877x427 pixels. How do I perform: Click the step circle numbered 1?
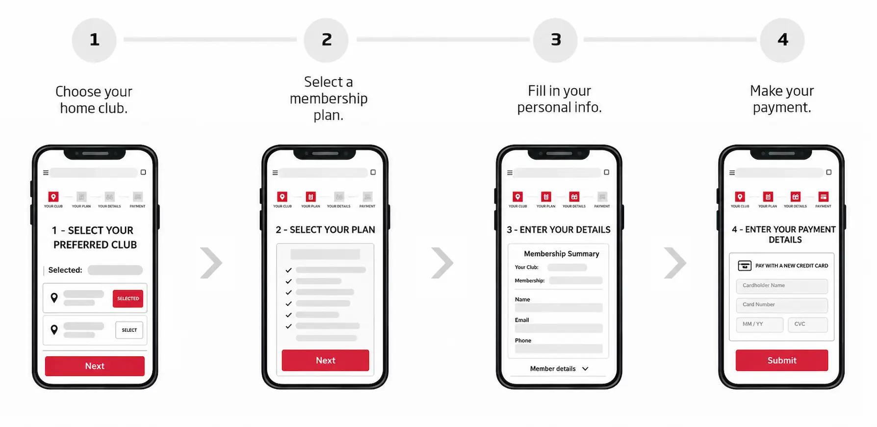click(94, 40)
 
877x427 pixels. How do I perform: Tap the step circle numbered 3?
click(555, 40)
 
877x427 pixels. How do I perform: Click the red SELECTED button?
click(128, 298)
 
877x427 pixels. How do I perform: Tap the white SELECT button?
click(129, 330)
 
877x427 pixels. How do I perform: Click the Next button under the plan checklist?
click(325, 360)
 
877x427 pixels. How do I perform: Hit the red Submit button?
click(782, 360)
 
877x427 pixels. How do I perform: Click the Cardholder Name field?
click(782, 286)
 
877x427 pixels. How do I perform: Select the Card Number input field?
click(782, 305)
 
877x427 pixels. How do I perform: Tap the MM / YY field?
click(760, 324)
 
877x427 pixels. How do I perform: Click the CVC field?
click(808, 324)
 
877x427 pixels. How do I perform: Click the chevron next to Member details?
click(585, 369)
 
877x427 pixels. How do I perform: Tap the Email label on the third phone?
click(522, 320)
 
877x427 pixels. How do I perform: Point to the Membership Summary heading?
click(562, 254)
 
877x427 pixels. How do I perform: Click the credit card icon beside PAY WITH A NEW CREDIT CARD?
click(745, 266)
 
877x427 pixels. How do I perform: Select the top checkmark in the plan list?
click(288, 270)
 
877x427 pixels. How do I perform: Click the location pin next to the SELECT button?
click(54, 330)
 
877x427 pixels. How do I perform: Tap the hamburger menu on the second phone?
click(275, 173)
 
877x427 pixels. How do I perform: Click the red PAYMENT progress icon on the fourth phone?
click(824, 197)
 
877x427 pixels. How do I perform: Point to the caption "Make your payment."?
click(782, 99)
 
